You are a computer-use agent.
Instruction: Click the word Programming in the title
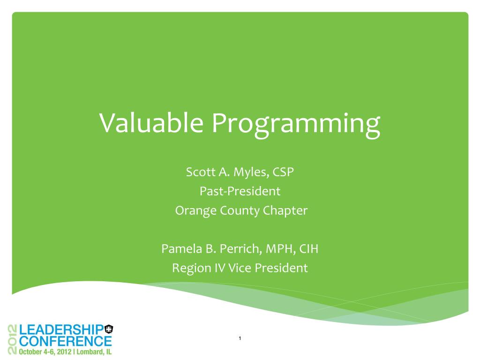(x=296, y=125)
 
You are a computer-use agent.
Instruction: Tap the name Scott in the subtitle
(x=201, y=172)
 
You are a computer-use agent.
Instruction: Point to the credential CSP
(x=283, y=172)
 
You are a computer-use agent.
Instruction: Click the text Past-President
(x=240, y=191)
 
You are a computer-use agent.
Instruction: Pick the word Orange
(x=196, y=211)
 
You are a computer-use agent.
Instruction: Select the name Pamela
(x=181, y=248)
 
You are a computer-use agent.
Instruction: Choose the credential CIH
(x=308, y=248)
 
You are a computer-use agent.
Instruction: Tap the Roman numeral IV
(x=220, y=268)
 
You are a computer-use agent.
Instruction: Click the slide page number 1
(x=240, y=338)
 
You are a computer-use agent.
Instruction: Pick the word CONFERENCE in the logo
(x=66, y=341)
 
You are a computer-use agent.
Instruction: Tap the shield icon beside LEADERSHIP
(x=109, y=329)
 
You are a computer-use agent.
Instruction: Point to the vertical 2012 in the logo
(x=13, y=339)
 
